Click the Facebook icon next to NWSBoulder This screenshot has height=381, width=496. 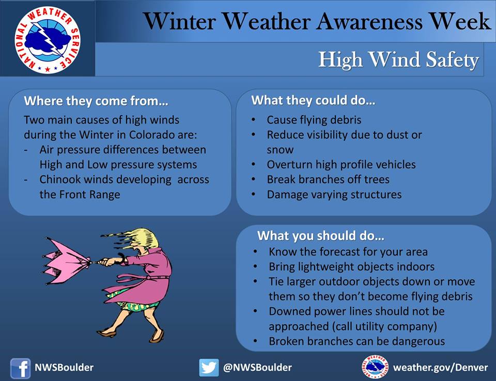point(21,368)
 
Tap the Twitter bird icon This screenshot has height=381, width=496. point(209,368)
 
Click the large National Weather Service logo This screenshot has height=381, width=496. point(48,39)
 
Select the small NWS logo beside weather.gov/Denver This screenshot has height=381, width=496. point(375,367)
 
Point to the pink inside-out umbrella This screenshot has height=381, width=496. point(65,261)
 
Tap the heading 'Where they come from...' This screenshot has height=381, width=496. point(96,101)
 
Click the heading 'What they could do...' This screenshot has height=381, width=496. point(313,101)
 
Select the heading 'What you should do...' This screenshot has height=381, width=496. point(321,236)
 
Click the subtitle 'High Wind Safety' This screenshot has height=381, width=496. point(398,59)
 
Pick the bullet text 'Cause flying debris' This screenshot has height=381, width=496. point(314,120)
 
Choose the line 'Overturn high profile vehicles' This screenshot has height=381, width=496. point(341,165)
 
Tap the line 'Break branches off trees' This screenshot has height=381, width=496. point(328,180)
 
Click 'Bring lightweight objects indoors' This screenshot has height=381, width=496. point(351,267)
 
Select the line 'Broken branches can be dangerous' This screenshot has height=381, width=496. point(357,341)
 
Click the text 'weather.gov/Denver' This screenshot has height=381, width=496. point(440,368)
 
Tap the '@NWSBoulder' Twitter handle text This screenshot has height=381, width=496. point(257,368)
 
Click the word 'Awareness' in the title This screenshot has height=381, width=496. point(369,22)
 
